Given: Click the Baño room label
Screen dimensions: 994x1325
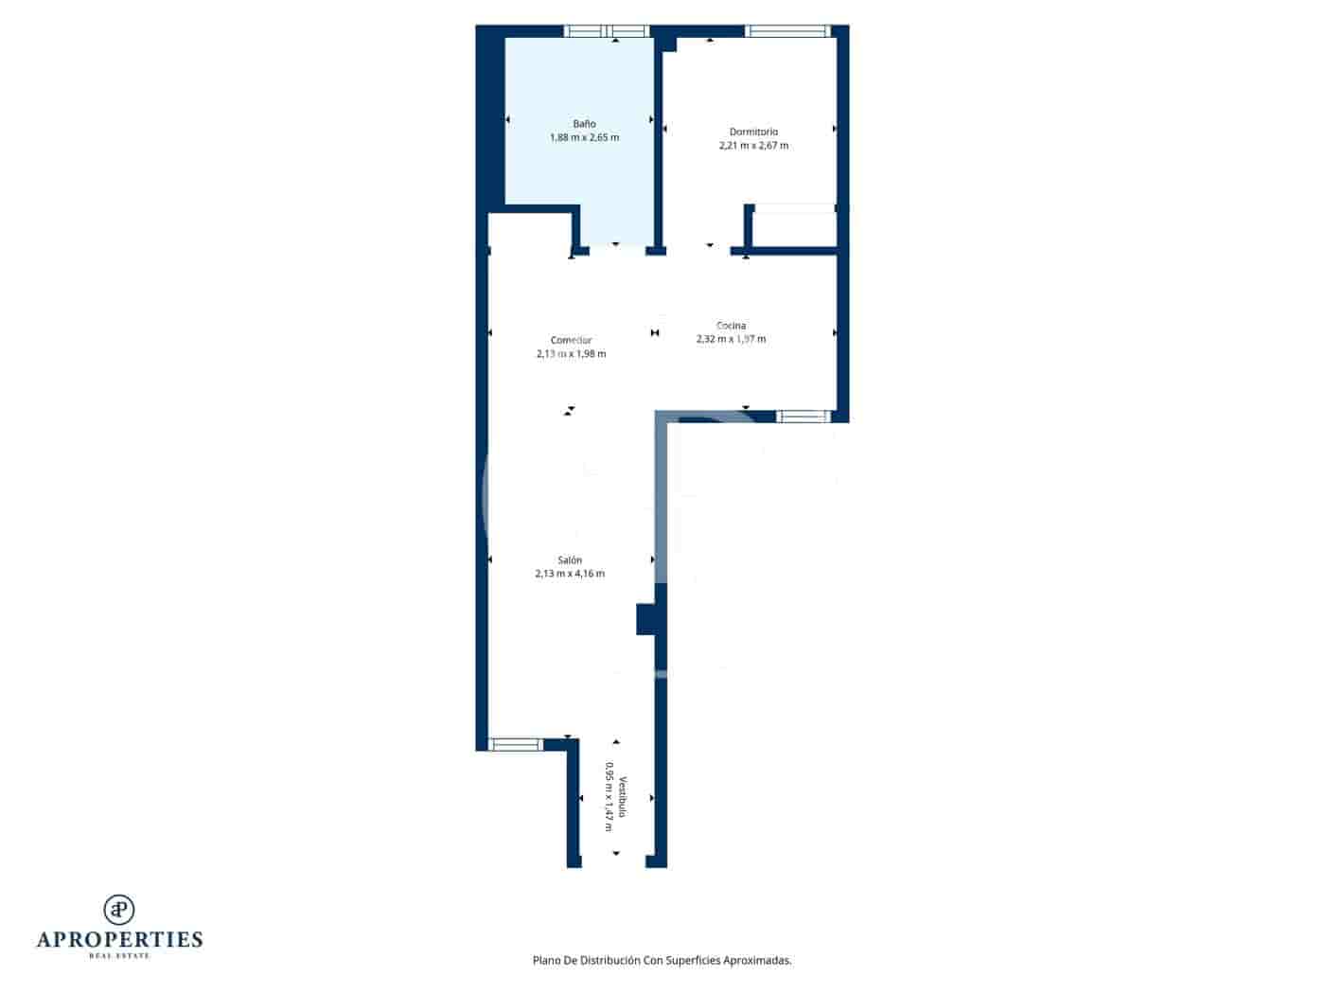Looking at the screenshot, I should point(584,124).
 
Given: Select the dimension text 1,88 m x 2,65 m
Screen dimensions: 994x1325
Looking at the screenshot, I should point(584,138).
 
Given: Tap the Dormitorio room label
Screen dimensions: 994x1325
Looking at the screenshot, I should point(753,132).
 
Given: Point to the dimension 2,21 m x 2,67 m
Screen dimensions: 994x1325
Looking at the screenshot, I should point(753,146).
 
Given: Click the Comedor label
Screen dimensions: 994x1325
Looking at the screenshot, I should point(571,340).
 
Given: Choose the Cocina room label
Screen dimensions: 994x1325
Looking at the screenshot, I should point(731,326).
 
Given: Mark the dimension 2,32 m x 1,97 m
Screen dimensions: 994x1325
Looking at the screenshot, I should point(731,339).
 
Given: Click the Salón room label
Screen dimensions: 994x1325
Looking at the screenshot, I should point(570,559).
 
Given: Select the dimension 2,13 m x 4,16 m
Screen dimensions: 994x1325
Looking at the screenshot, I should point(570,574).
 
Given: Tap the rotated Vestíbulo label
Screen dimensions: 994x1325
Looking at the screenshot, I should point(623,798).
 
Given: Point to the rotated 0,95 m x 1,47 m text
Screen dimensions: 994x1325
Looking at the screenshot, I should point(609,798).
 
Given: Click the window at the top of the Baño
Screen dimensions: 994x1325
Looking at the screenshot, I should point(603,31).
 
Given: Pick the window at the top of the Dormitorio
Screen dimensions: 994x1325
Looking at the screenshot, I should point(787,31).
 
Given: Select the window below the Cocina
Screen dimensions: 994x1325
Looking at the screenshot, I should point(804,416).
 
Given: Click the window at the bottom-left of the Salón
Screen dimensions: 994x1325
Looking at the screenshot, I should point(516,744).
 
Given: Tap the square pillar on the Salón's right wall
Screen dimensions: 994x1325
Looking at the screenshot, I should point(646,619).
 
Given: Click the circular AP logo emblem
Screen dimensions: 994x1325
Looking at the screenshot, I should point(119,910).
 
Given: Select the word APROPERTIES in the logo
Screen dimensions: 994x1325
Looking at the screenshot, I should point(119,940).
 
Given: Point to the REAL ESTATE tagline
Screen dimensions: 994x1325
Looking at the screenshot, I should point(119,956).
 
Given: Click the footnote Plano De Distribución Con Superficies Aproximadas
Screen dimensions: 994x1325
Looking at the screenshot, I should point(662,960).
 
